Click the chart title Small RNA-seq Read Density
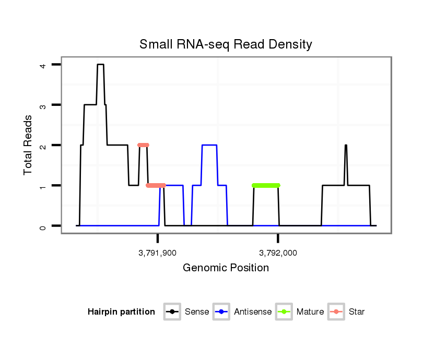point(226,44)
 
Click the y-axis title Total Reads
point(28,145)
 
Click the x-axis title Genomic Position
point(226,268)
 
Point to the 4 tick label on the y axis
point(43,65)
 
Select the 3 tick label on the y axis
point(43,105)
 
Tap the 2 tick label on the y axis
point(43,145)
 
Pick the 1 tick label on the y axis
point(43,186)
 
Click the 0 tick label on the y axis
point(43,226)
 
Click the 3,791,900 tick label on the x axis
point(157,253)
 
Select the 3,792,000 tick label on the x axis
point(278,253)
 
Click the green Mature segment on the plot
point(266,185)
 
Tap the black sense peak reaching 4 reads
point(100,65)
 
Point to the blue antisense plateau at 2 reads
point(209,145)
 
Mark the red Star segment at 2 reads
point(143,145)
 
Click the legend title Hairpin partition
point(121,312)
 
